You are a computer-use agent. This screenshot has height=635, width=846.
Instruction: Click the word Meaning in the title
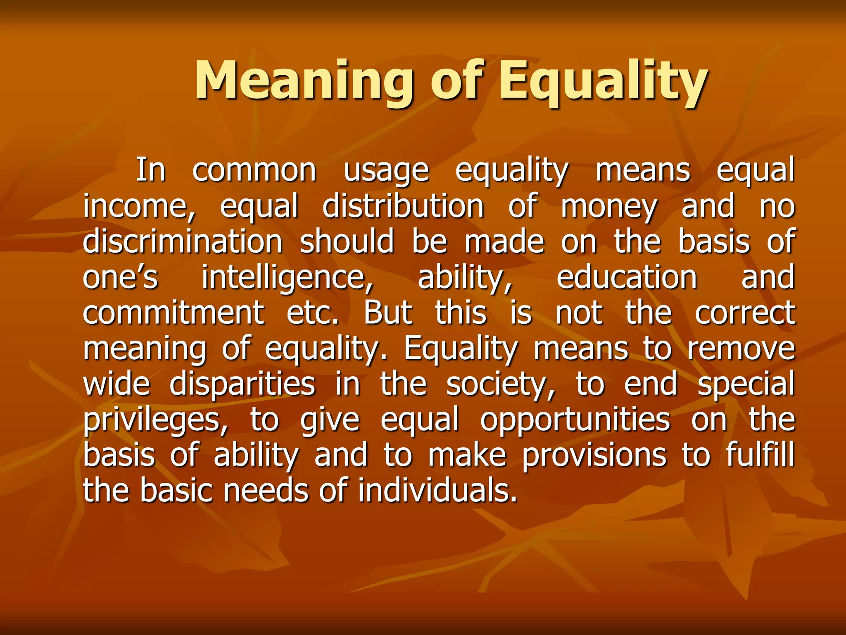point(304,81)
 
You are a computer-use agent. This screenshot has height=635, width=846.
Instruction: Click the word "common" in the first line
point(254,170)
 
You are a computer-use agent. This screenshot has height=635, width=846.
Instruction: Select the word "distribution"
point(403,206)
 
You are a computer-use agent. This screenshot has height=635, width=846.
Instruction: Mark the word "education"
point(627,277)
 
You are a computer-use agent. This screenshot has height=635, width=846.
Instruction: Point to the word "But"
point(388,313)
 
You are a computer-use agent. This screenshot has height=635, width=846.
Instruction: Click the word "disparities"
point(242,384)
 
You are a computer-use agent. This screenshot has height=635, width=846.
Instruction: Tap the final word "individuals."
point(437,490)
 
